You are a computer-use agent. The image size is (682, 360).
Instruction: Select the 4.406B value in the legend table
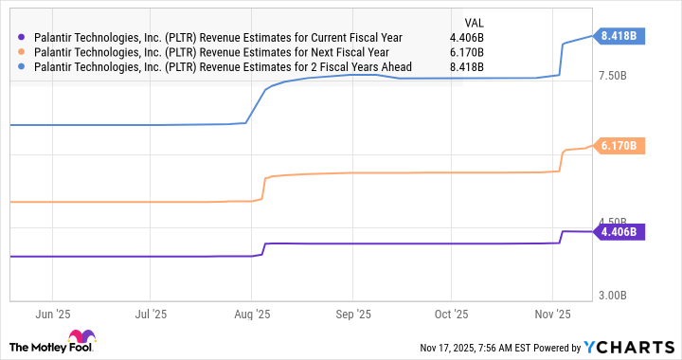pyautogui.click(x=465, y=38)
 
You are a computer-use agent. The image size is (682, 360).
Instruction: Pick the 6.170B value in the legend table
pyautogui.click(x=465, y=52)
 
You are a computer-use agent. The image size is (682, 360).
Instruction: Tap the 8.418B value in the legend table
pyautogui.click(x=465, y=67)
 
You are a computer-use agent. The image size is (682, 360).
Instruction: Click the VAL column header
pyautogui.click(x=471, y=21)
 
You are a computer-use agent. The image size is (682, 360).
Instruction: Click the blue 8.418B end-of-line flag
pyautogui.click(x=620, y=36)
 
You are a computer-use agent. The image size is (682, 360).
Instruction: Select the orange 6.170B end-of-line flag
pyautogui.click(x=620, y=146)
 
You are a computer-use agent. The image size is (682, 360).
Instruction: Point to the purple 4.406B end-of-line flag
pyautogui.click(x=620, y=231)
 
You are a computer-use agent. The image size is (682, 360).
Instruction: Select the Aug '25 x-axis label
pyautogui.click(x=251, y=313)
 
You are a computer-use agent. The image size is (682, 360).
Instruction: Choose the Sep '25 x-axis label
pyautogui.click(x=352, y=313)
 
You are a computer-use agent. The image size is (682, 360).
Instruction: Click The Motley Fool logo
pyautogui.click(x=51, y=342)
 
